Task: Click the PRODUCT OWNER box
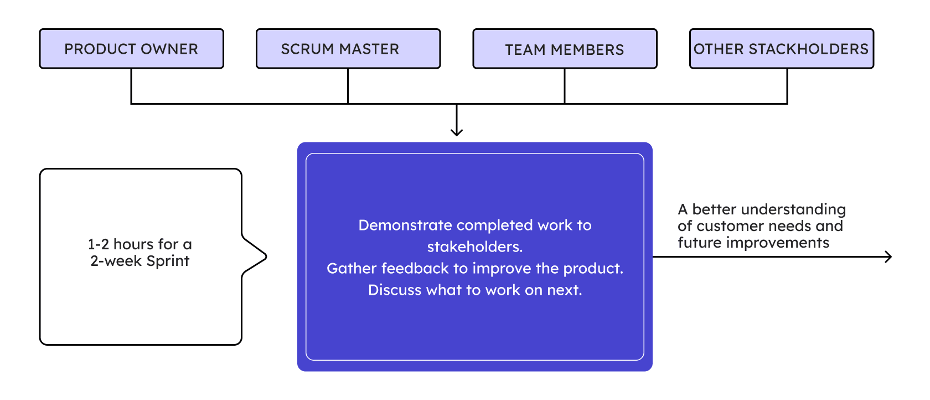(132, 49)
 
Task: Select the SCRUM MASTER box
(348, 49)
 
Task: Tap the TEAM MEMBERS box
(565, 49)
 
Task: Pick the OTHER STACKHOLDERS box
(782, 49)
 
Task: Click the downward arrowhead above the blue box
(457, 132)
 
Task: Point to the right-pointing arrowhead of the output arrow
(888, 257)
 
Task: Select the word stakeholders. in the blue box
(475, 247)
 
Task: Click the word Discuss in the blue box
(395, 290)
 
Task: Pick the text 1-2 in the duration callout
(99, 244)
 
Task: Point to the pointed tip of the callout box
(266, 257)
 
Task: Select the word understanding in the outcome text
(793, 209)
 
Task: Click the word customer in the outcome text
(732, 226)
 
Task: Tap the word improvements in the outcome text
(778, 243)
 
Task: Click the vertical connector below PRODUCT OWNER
(131, 86)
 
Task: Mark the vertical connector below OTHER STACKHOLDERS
(787, 86)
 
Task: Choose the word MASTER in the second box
(369, 49)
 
